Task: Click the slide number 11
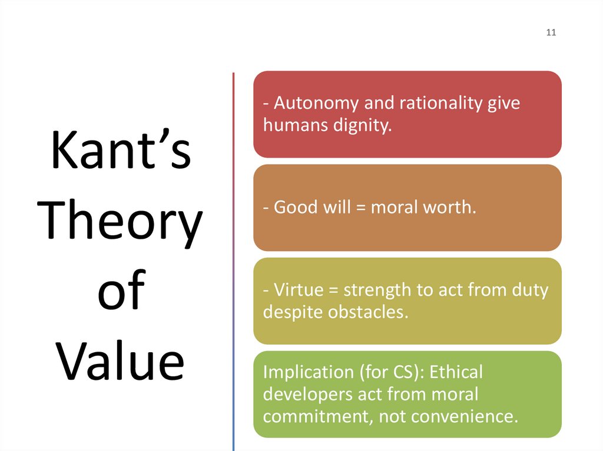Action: [x=551, y=32]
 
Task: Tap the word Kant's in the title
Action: [x=121, y=152]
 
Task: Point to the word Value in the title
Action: [x=121, y=362]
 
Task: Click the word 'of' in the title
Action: [x=121, y=292]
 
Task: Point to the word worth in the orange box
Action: [x=450, y=208]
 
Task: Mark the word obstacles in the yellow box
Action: [x=366, y=312]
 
